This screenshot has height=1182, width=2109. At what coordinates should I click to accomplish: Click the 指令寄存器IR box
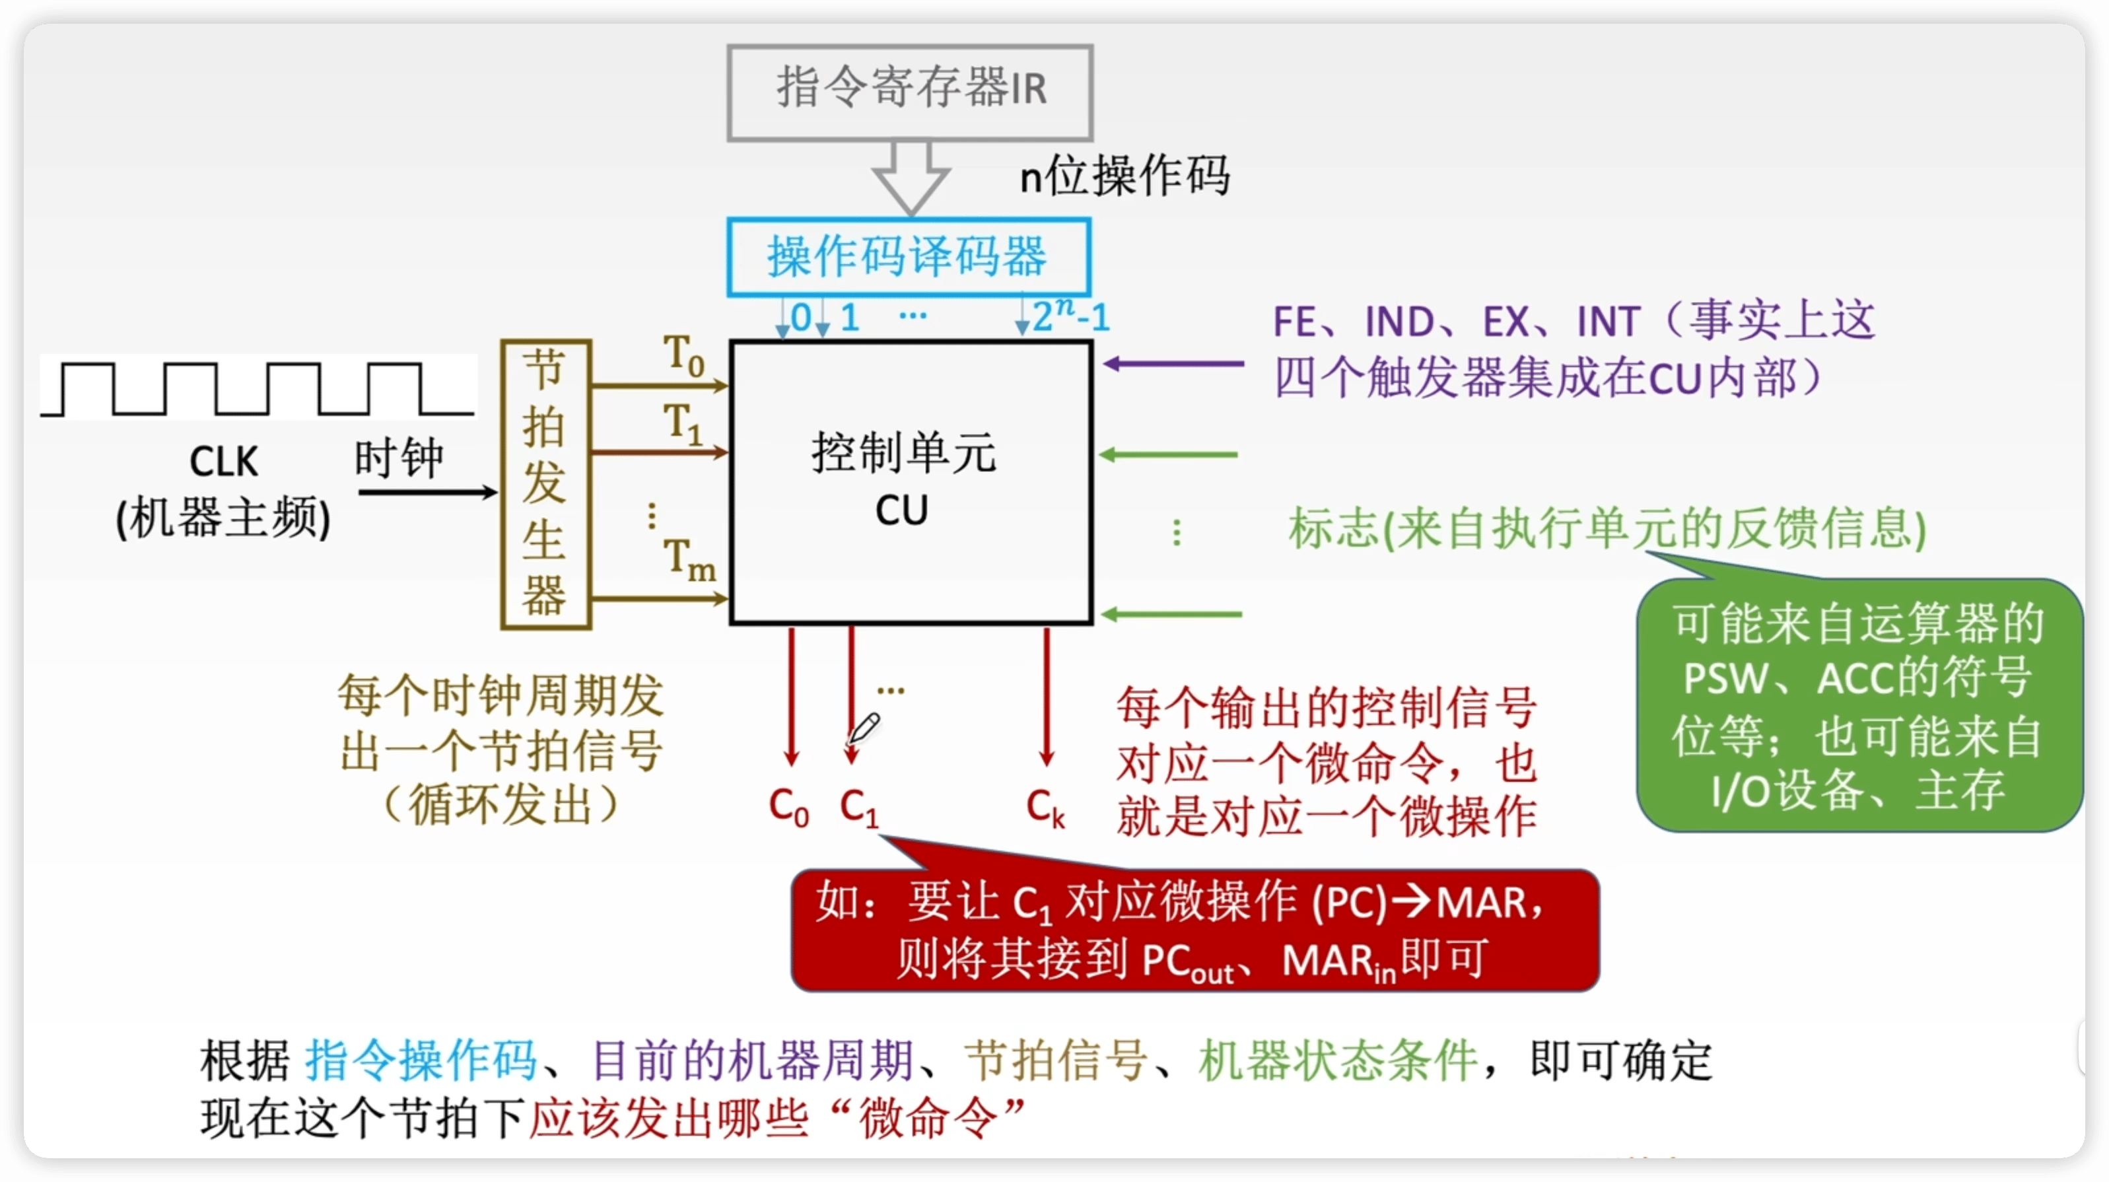[x=910, y=92]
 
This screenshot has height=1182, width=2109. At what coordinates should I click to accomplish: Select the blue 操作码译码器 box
[x=908, y=256]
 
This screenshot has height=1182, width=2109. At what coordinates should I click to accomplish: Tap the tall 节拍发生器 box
[x=545, y=484]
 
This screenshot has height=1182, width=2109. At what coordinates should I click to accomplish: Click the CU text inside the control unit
[x=901, y=511]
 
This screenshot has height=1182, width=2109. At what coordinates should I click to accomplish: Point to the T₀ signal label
[x=683, y=357]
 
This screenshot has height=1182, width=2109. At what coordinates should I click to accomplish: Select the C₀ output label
[x=788, y=807]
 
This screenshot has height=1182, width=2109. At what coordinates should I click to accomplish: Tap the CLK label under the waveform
[x=223, y=462]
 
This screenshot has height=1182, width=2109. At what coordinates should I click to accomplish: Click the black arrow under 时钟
[x=427, y=492]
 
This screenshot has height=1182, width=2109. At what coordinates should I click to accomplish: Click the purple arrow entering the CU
[x=1173, y=363]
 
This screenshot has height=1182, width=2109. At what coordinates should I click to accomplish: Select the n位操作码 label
[x=1124, y=176]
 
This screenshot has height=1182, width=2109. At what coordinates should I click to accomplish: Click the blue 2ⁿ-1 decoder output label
[x=1071, y=316]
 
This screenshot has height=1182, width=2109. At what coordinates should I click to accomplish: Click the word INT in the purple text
[x=1608, y=322]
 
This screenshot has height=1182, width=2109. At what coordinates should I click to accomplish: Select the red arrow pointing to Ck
[x=1047, y=696]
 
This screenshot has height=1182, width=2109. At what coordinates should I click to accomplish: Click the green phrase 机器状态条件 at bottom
[x=1338, y=1061]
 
